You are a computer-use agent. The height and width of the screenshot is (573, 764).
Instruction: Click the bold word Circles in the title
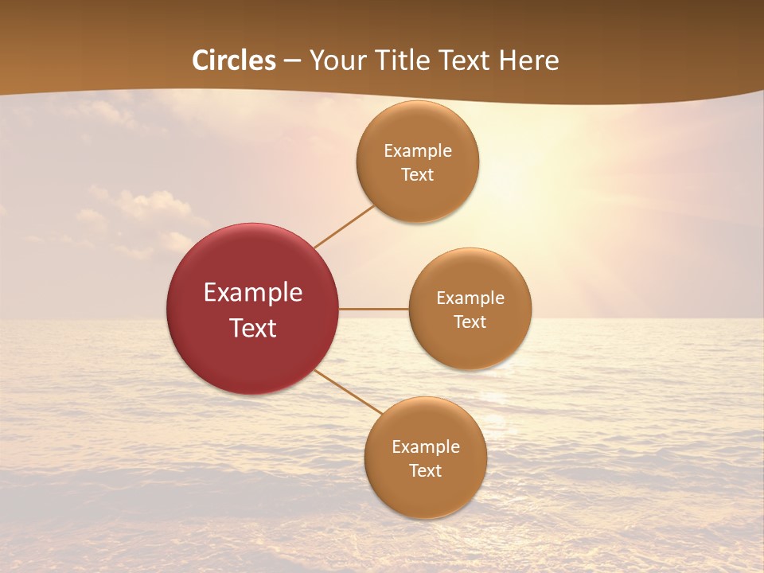coord(234,60)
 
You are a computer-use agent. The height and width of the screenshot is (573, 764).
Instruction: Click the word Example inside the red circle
coord(253,293)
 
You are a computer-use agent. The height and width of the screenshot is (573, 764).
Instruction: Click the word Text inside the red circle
coord(253,328)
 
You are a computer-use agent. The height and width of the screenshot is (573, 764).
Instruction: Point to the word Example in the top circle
coord(417,150)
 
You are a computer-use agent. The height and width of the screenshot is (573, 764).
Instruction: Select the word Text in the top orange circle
coord(417,174)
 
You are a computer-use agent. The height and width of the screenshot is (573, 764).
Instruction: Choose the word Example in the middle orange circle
coord(470,298)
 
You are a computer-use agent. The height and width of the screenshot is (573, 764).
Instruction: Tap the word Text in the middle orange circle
coord(470,322)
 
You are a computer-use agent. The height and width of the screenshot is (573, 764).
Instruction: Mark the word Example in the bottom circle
coord(425,446)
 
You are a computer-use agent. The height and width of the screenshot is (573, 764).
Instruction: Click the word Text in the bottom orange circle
coord(425,470)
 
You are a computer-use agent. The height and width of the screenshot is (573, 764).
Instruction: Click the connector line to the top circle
coord(344,226)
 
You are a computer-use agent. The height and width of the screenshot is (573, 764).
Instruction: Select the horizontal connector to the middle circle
coord(373,309)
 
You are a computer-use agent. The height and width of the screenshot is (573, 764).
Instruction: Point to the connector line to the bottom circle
coord(347,391)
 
